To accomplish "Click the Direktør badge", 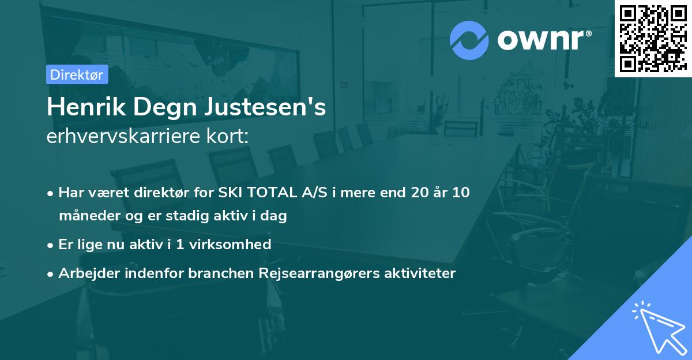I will (77, 74).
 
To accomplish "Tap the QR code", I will (653, 38).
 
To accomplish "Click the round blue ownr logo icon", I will (469, 40).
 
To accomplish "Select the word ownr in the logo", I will (542, 40).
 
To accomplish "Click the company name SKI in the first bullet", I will (230, 193).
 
